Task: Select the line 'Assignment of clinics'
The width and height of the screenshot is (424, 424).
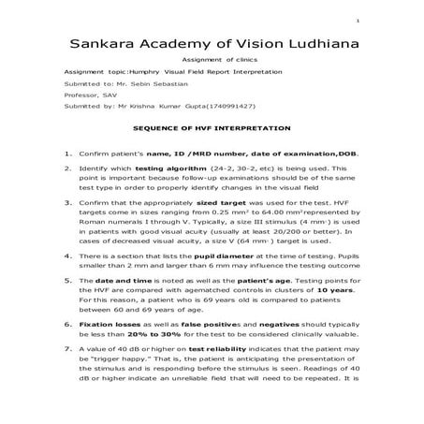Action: pos(212,60)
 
